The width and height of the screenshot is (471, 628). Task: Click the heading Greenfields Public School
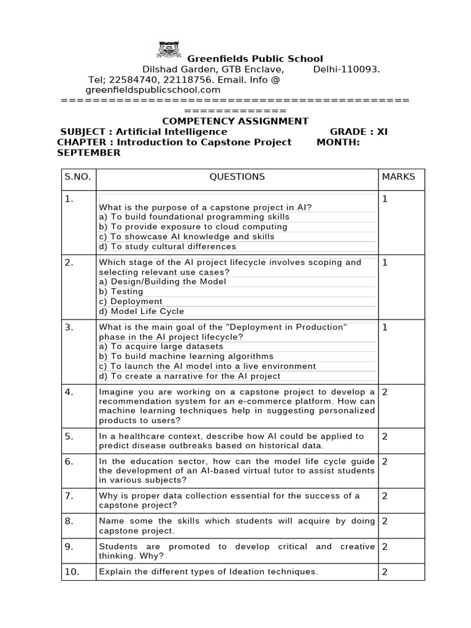[x=255, y=59]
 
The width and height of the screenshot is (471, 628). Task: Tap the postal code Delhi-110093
[x=347, y=69]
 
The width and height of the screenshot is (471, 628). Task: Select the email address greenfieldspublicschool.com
[x=139, y=90]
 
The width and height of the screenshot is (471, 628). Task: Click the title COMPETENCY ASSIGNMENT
[x=235, y=121]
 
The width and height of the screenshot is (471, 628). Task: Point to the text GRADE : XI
[x=359, y=132]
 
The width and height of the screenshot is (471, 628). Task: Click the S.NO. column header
[x=78, y=177]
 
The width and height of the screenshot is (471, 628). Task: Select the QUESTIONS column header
[x=237, y=177]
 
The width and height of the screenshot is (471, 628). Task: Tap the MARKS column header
[x=398, y=177]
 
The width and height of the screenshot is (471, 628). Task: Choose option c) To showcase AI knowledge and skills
[x=186, y=237]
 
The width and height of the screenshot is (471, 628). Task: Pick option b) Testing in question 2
[x=121, y=291]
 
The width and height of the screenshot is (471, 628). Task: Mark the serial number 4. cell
[x=69, y=392]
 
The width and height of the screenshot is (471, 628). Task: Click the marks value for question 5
[x=385, y=437]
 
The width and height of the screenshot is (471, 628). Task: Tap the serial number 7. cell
[x=69, y=496]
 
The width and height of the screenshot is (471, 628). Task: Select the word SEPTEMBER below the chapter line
[x=89, y=153]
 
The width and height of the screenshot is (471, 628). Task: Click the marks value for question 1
[x=385, y=199]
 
